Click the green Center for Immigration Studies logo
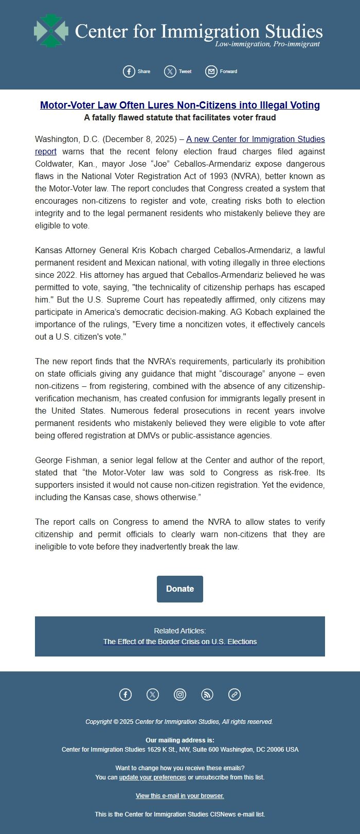point(51,31)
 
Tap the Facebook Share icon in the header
point(129,72)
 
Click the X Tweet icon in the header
point(170,72)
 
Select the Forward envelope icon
point(211,72)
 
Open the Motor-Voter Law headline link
point(180,105)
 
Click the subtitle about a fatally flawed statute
point(180,118)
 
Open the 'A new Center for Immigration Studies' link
point(255,139)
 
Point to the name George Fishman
point(63,460)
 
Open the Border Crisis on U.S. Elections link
point(180,642)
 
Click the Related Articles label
point(180,631)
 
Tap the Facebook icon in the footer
point(125,695)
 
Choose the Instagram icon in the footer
point(180,695)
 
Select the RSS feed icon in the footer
point(207,695)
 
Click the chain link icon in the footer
point(235,695)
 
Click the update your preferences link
point(153,777)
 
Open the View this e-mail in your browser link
point(180,796)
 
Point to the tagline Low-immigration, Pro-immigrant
point(267,44)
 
